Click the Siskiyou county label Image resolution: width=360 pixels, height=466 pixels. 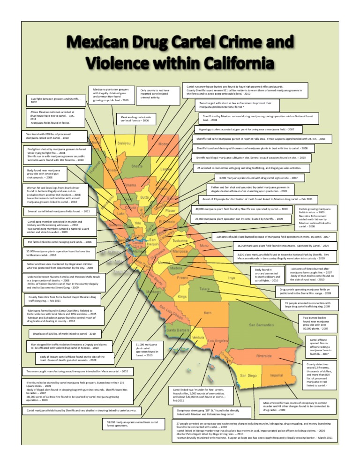(x=124, y=143)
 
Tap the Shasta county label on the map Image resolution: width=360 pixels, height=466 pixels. (x=137, y=166)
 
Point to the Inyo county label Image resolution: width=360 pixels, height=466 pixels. (x=232, y=278)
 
